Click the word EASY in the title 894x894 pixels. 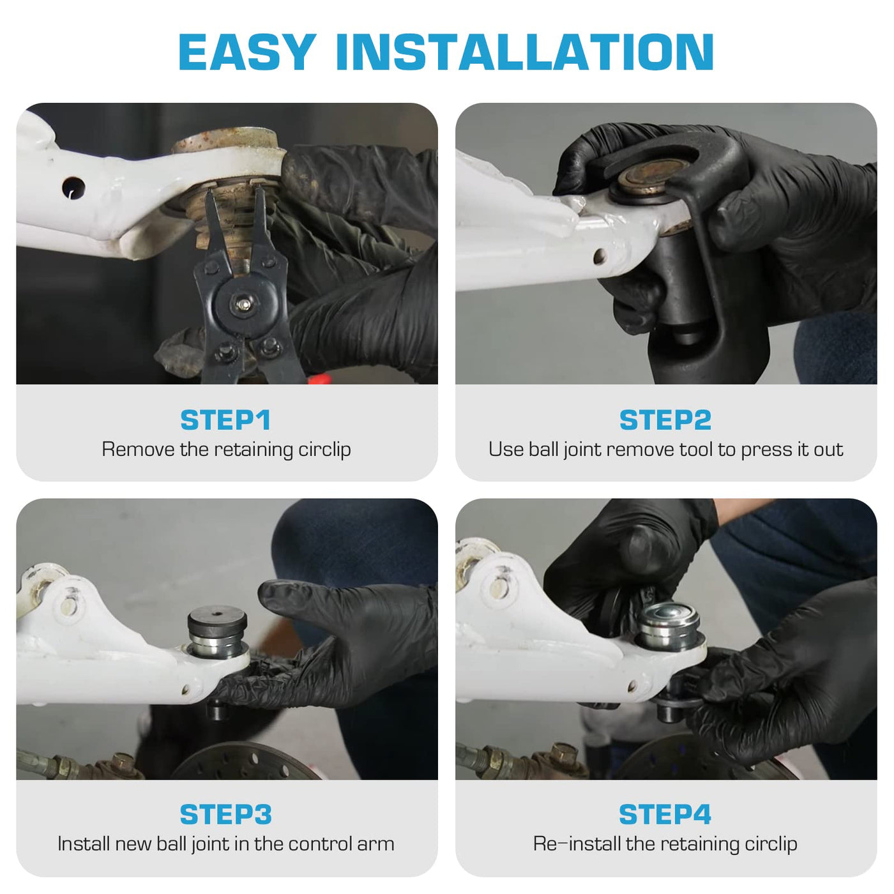tap(247, 52)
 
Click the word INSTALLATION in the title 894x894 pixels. tap(524, 52)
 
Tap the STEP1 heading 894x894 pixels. tap(225, 420)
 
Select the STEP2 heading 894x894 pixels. tap(665, 420)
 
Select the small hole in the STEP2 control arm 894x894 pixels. tap(600, 255)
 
